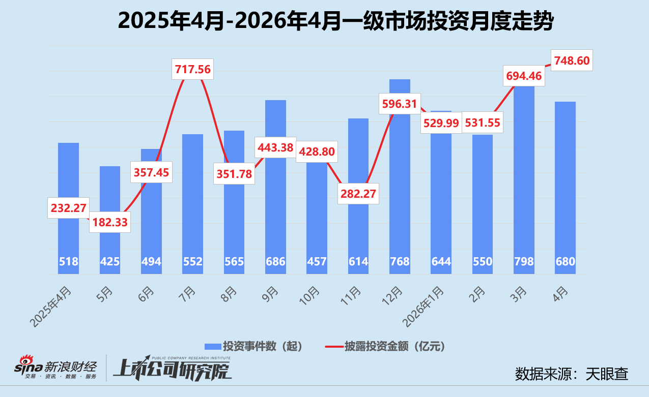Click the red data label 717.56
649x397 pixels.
coord(193,70)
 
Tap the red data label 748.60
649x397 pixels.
coord(572,60)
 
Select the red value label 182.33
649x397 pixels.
coord(110,222)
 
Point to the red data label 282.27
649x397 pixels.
coord(358,194)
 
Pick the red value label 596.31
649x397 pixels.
coord(400,104)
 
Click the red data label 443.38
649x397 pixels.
coord(275,147)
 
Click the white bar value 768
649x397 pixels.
coord(400,262)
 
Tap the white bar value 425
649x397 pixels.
coord(110,262)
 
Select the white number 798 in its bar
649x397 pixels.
coord(524,262)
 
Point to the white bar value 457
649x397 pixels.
coord(317,262)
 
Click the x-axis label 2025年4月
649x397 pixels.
coord(51,307)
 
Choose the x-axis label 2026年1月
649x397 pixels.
coord(424,307)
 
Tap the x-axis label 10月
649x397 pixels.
coord(309,296)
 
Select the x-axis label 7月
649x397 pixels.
coord(187,294)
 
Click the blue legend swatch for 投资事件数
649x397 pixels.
coord(213,346)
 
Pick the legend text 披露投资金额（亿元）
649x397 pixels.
coord(394,346)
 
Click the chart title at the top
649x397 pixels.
coord(336,21)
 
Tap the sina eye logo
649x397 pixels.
coord(26,360)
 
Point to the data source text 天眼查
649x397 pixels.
coord(607,374)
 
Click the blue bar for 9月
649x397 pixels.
coord(275,187)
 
